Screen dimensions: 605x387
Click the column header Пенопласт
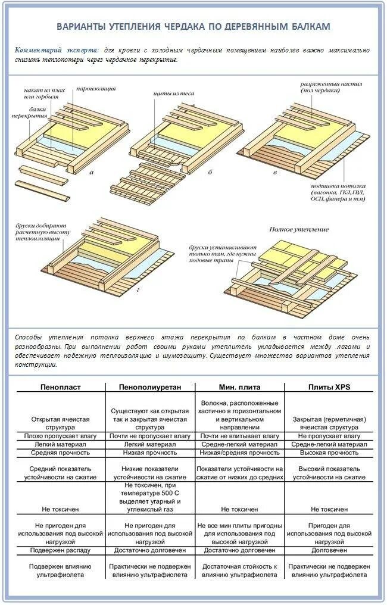[61, 387]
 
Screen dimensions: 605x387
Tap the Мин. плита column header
[239, 387]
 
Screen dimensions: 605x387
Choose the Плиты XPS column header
[329, 387]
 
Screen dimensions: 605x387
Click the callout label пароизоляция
[96, 89]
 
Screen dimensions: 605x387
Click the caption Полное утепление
[291, 229]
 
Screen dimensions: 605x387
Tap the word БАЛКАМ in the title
[309, 27]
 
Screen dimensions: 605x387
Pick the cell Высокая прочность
[329, 453]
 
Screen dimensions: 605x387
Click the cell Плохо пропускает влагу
[61, 436]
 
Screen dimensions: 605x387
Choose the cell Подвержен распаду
[61, 550]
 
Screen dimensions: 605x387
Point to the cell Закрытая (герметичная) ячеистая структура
[329, 423]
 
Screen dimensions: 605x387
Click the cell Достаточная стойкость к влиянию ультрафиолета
[239, 570]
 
